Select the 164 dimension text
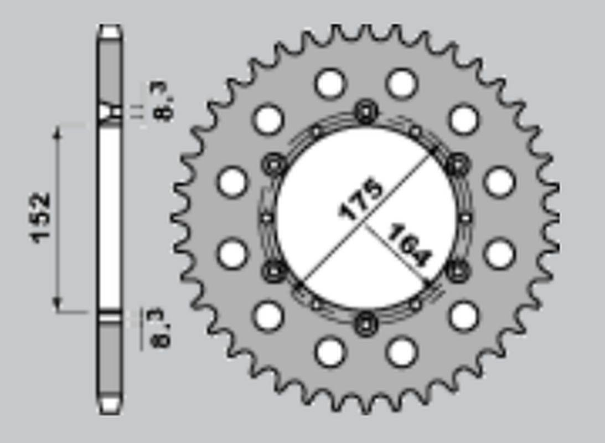(x=410, y=245)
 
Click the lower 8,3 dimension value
(x=162, y=328)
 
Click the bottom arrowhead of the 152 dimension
(x=58, y=305)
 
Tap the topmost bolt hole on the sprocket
(x=366, y=112)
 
